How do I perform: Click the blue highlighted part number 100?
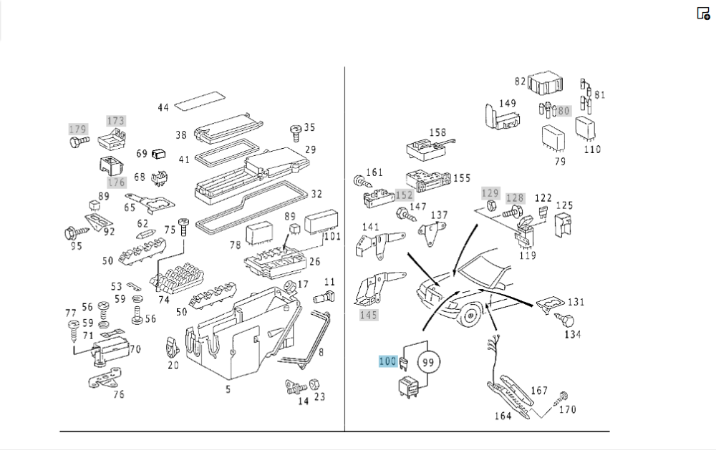[x=387, y=361]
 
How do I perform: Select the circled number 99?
[x=428, y=363]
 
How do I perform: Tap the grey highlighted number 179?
[x=77, y=129]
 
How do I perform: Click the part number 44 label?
[x=163, y=108]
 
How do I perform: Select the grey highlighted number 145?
[x=368, y=316]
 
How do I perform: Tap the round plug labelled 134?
[x=566, y=321]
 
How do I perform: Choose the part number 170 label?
[x=567, y=410]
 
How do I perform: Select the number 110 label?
[x=592, y=150]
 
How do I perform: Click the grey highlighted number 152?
[x=405, y=195]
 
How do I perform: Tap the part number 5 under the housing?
[x=228, y=390]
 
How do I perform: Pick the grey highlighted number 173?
[x=115, y=121]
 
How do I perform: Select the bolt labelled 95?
[x=71, y=232]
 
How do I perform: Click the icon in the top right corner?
[x=703, y=13]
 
